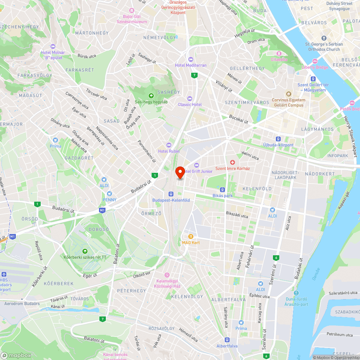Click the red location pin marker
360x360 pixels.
pos(180,172)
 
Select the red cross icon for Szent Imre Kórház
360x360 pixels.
pos(233,163)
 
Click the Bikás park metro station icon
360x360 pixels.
pos(222,189)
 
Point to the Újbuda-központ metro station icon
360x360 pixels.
pos(278,139)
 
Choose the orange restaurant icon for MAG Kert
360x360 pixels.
pos(190,237)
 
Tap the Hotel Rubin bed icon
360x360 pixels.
pos(169,145)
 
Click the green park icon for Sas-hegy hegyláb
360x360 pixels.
pos(151,95)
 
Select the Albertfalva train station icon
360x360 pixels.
pos(227,339)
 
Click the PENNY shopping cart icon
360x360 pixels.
pos(109,193)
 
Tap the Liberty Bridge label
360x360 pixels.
pos(315,67)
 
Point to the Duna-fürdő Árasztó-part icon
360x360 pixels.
pos(296,293)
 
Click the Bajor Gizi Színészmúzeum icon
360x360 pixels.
pos(131,10)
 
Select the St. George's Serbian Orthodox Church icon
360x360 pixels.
pos(324,38)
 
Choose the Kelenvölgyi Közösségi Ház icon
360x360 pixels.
pos(166,275)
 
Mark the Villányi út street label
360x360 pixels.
pos(224,85)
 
